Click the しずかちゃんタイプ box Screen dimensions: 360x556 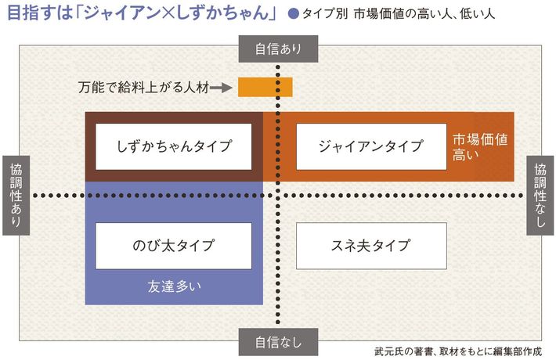(173, 146)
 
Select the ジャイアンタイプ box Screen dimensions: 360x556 (370, 146)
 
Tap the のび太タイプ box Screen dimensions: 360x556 (173, 245)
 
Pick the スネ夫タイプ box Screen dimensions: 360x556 (370, 245)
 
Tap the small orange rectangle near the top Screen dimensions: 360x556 (265, 87)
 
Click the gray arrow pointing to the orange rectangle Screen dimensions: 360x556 (223, 88)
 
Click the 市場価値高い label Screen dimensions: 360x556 (480, 146)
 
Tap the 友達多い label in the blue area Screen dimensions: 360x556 (173, 286)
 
